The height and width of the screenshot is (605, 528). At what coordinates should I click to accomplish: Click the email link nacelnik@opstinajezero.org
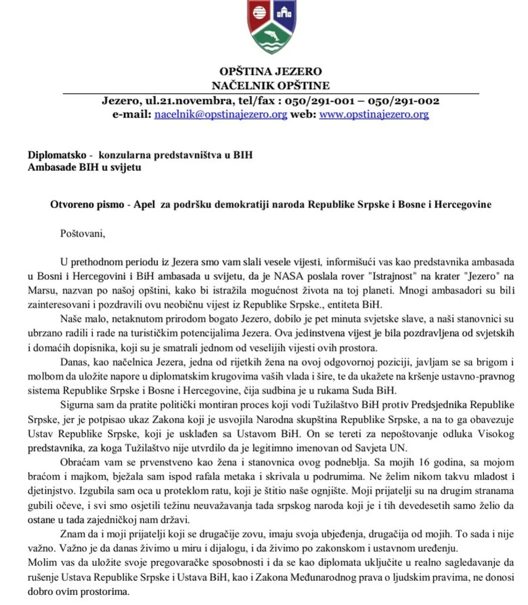[x=221, y=114]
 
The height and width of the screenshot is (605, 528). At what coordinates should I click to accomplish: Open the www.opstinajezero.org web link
[x=374, y=114]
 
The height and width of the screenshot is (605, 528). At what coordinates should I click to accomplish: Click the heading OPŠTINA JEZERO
[x=270, y=71]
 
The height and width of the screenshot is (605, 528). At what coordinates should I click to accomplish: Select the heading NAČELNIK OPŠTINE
[x=270, y=86]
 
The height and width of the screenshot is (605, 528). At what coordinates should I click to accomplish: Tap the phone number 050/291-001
[x=319, y=101]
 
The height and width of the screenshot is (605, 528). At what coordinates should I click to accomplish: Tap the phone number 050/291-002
[x=403, y=101]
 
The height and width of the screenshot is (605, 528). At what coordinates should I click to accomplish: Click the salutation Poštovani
[x=82, y=234]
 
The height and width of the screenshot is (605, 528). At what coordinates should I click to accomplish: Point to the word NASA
[x=289, y=276]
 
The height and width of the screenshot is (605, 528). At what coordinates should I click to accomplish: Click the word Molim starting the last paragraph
[x=40, y=563]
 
